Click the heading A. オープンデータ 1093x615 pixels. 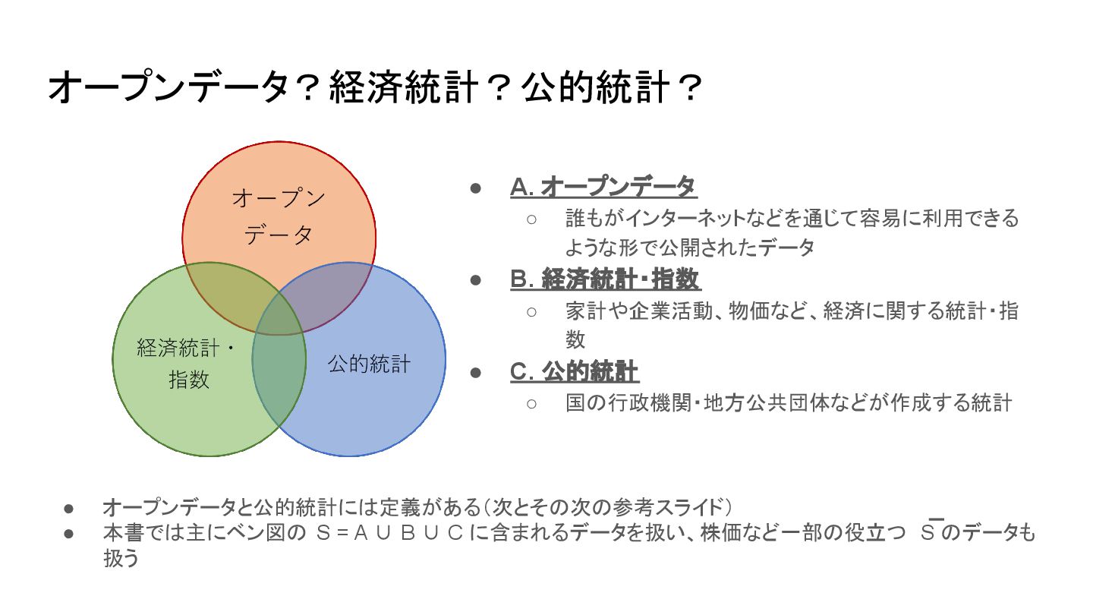tap(603, 187)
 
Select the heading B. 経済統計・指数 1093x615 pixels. tap(605, 279)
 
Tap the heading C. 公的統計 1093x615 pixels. tap(575, 372)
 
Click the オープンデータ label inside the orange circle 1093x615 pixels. tap(279, 217)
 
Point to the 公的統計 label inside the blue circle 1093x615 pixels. tap(369, 364)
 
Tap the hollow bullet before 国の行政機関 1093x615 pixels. tap(531, 403)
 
